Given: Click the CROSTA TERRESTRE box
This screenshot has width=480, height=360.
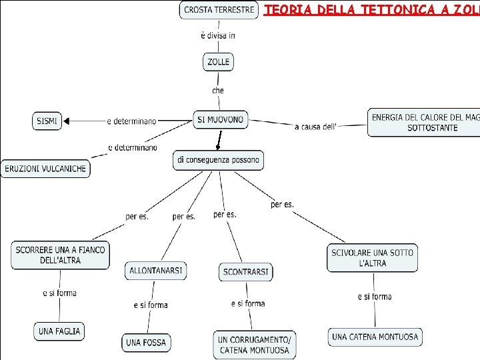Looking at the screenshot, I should coord(219,10).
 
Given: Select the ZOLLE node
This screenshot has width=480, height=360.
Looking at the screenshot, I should coord(218,62).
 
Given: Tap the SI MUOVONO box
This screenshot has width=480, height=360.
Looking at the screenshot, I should coord(221,120).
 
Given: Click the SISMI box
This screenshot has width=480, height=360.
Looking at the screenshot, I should coord(47,121).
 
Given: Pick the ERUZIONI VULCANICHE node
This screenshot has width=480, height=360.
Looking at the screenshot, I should coord(45,169).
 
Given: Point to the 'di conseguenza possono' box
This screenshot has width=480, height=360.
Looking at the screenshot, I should coord(218,160).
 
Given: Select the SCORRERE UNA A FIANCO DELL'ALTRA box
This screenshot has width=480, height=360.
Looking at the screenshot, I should coord(60,255).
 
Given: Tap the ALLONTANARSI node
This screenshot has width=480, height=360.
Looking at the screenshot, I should coord(155,271).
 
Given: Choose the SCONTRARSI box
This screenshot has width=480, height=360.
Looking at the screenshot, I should coord(246,272).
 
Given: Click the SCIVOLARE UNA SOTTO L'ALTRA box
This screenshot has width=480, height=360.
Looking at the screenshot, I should coord(373,258).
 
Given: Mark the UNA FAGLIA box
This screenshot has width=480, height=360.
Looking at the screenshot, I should coord(59,331).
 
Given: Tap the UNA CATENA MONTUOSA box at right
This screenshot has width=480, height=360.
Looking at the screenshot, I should coord(375,337).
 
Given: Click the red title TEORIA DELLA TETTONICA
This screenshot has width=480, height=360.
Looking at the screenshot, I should coord(371,10).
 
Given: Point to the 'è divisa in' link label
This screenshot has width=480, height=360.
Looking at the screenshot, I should coord(217,35).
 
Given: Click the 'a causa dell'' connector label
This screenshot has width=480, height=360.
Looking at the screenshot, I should coord(316,126).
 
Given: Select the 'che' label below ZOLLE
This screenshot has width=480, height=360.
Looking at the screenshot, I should coord(218,90).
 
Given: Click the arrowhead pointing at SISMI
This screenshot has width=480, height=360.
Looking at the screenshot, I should coord(67,121).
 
